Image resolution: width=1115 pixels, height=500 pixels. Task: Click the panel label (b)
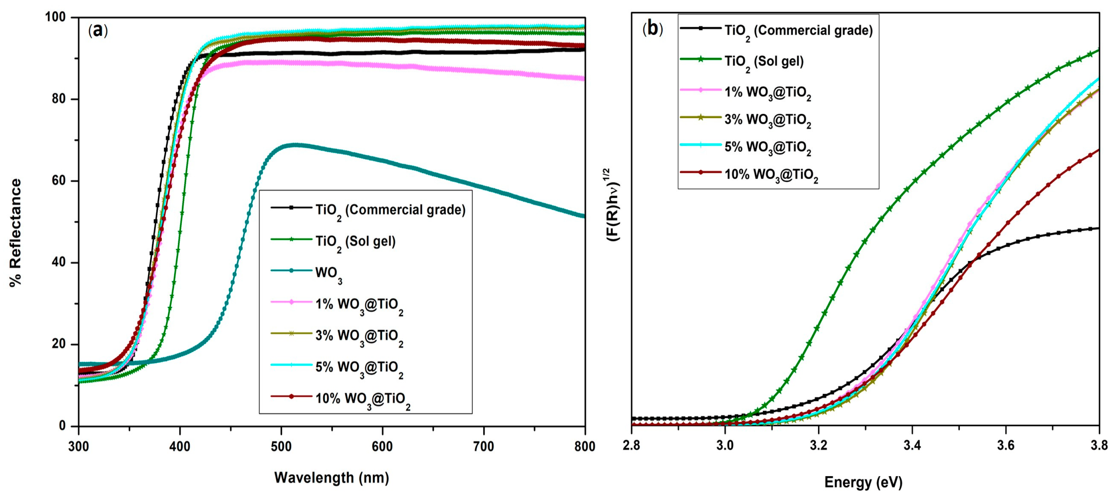click(652, 28)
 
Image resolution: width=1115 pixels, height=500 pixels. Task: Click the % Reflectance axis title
click(15, 232)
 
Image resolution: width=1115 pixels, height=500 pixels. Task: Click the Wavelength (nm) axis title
click(332, 478)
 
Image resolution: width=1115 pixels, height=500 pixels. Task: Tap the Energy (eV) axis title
click(863, 482)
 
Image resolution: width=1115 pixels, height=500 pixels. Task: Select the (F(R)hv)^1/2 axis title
click(615, 204)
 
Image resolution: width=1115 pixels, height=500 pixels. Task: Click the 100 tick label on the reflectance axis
click(55, 17)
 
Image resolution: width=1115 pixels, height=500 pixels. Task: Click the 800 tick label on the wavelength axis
click(584, 447)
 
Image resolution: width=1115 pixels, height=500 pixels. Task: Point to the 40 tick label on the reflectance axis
click(59, 262)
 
